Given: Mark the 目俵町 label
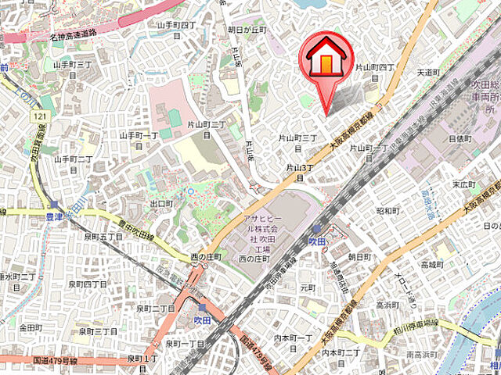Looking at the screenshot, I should coord(460,137).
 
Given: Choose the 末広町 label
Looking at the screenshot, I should coord(464,184).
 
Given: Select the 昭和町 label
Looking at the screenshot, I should coord(388,210).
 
